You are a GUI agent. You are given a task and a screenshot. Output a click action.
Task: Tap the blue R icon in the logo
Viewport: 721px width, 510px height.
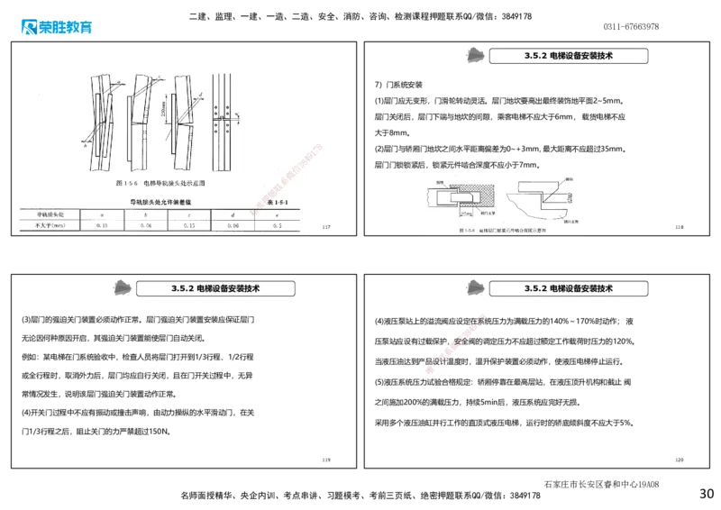27,26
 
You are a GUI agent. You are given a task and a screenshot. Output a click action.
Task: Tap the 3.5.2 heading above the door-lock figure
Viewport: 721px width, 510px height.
568,56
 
